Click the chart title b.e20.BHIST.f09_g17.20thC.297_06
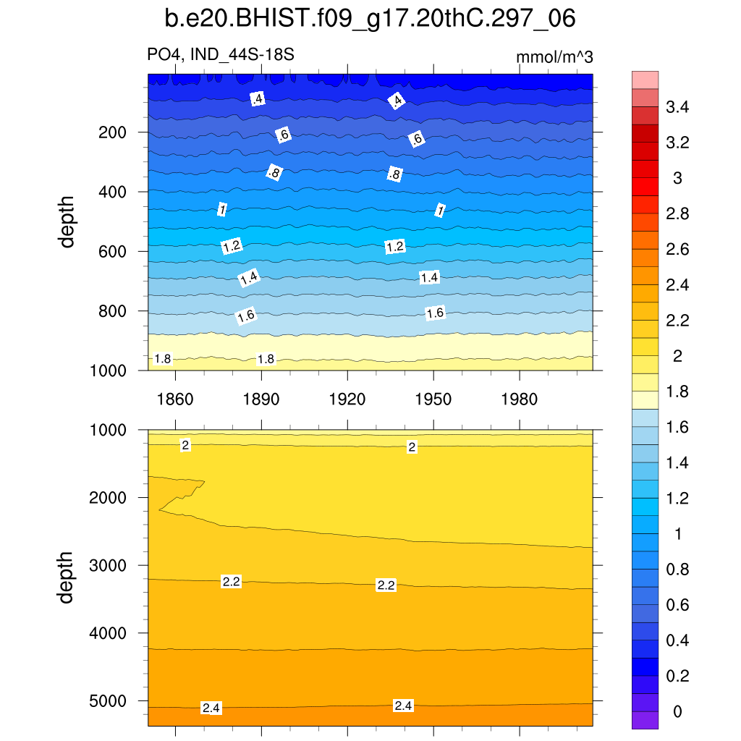point(370,20)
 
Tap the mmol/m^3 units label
point(554,57)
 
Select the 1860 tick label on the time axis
point(175,399)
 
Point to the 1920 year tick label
point(347,399)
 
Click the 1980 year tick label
point(520,399)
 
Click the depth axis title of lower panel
point(68,577)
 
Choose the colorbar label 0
point(677,712)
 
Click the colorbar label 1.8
point(677,392)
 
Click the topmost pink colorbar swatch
point(645,80)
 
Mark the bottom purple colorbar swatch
point(645,720)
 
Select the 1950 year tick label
point(433,399)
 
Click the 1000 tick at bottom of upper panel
point(111,370)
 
